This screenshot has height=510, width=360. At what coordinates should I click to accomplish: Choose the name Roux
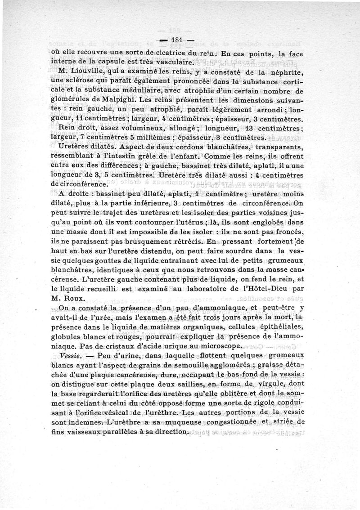(x=72, y=297)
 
